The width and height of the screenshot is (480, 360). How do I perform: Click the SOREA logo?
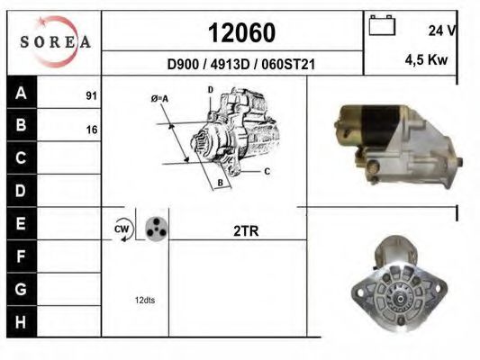click(x=55, y=41)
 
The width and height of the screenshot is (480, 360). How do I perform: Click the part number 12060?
click(x=241, y=32)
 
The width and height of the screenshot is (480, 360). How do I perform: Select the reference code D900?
click(x=183, y=65)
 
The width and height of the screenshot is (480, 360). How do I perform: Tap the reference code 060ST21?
click(x=288, y=65)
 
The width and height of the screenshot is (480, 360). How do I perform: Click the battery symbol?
click(x=382, y=25)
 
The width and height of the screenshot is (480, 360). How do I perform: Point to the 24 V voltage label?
click(x=442, y=31)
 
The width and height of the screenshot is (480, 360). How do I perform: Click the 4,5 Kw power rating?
click(x=426, y=59)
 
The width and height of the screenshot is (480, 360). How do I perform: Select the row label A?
click(x=21, y=93)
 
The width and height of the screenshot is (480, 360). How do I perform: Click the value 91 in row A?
click(x=91, y=96)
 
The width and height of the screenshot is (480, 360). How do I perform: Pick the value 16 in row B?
click(x=92, y=130)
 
